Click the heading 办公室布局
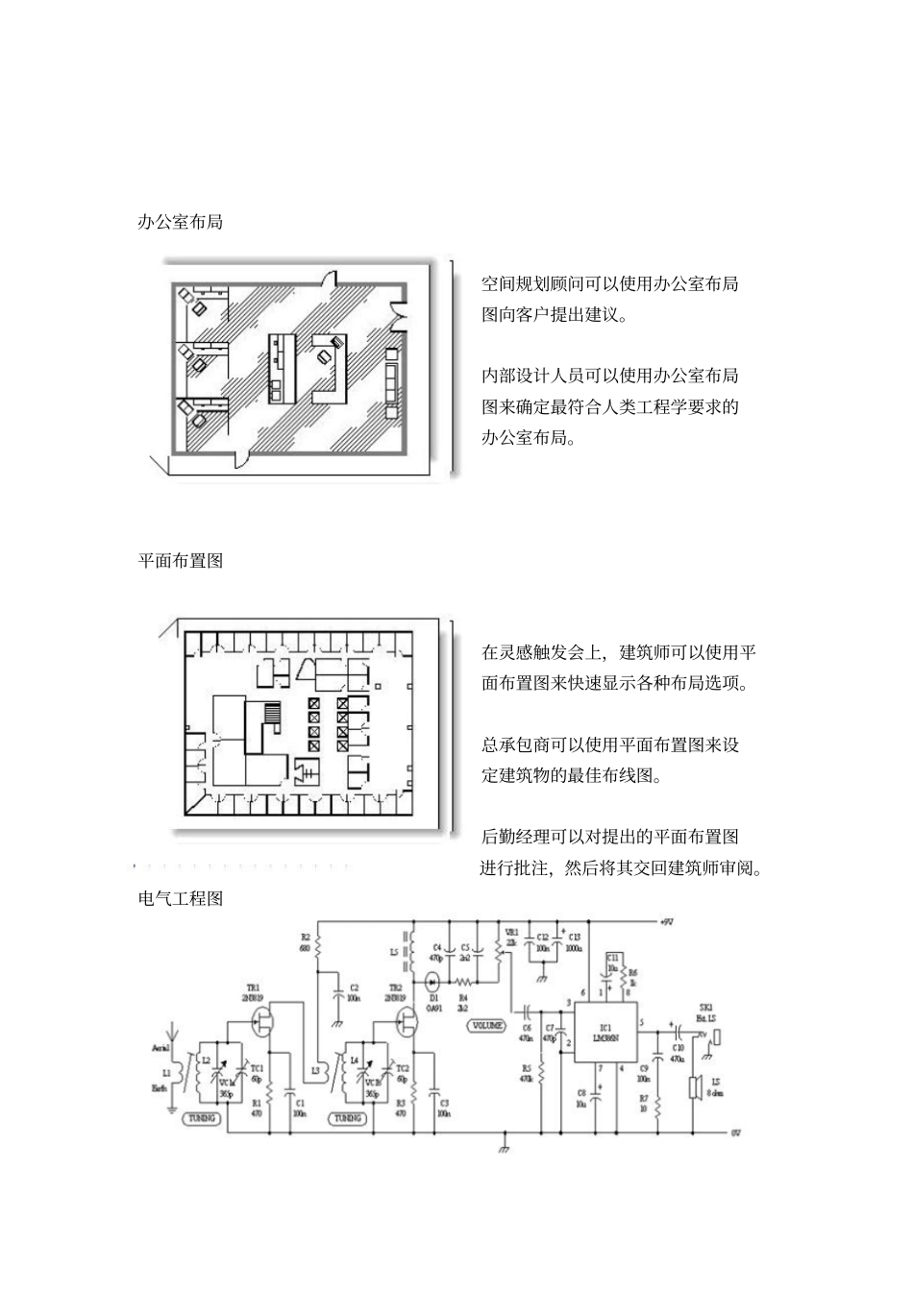[x=181, y=222]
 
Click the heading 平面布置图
[x=181, y=561]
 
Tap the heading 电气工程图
[x=181, y=899]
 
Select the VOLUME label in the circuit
[x=486, y=1025]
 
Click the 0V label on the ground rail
[x=735, y=1133]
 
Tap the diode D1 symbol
[x=432, y=981]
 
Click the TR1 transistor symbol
[x=264, y=1021]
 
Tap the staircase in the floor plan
[x=272, y=716]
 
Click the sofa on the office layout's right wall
[x=391, y=381]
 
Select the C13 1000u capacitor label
[x=574, y=941]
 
